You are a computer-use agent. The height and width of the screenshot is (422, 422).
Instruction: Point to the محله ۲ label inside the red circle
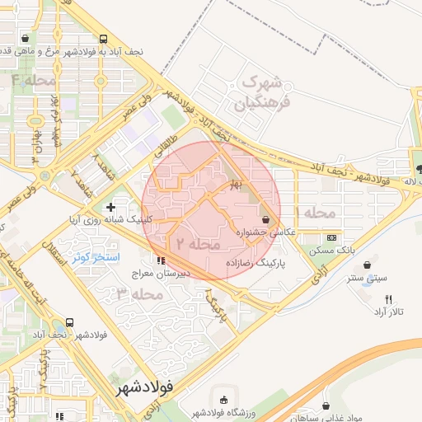coord(199,245)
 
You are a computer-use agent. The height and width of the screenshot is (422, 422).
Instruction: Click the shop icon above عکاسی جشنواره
coord(265,220)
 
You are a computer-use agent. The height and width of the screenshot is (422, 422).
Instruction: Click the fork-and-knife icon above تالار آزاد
coord(387,299)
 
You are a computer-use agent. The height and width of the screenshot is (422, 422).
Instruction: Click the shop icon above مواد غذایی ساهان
coord(327,406)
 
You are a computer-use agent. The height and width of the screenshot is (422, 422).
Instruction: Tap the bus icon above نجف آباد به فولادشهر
coord(103,39)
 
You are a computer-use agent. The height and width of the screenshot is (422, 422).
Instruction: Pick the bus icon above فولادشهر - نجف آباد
coord(69,322)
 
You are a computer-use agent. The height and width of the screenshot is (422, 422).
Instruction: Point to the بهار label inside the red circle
coord(237,186)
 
